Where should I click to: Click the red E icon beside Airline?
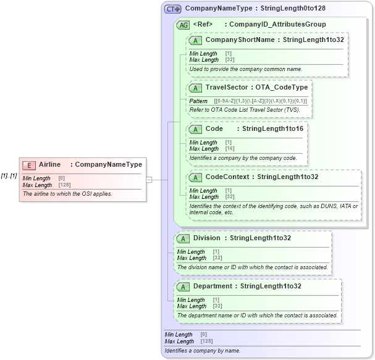pyautogui.click(x=29, y=165)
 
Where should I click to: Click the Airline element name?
pyautogui.click(x=50, y=164)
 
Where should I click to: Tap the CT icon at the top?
pyautogui.click(x=172, y=9)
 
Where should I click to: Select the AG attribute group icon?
pyautogui.click(x=183, y=25)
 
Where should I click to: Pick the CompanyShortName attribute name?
pyautogui.click(x=240, y=40)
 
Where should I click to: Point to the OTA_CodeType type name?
pyautogui.click(x=282, y=88)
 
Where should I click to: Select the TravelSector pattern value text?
pyautogui.click(x=260, y=101)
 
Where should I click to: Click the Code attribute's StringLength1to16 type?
pyautogui.click(x=272, y=129)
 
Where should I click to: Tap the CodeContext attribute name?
pyautogui.click(x=228, y=177)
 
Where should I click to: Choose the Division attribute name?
pyautogui.click(x=206, y=238)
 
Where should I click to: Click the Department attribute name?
pyautogui.click(x=213, y=287)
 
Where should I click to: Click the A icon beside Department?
pyautogui.click(x=183, y=287)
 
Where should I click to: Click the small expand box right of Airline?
pyautogui.click(x=149, y=179)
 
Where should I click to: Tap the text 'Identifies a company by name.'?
pyautogui.click(x=201, y=351)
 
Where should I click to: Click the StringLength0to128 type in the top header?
pyautogui.click(x=293, y=9)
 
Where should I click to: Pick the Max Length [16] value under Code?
pyautogui.click(x=229, y=149)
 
